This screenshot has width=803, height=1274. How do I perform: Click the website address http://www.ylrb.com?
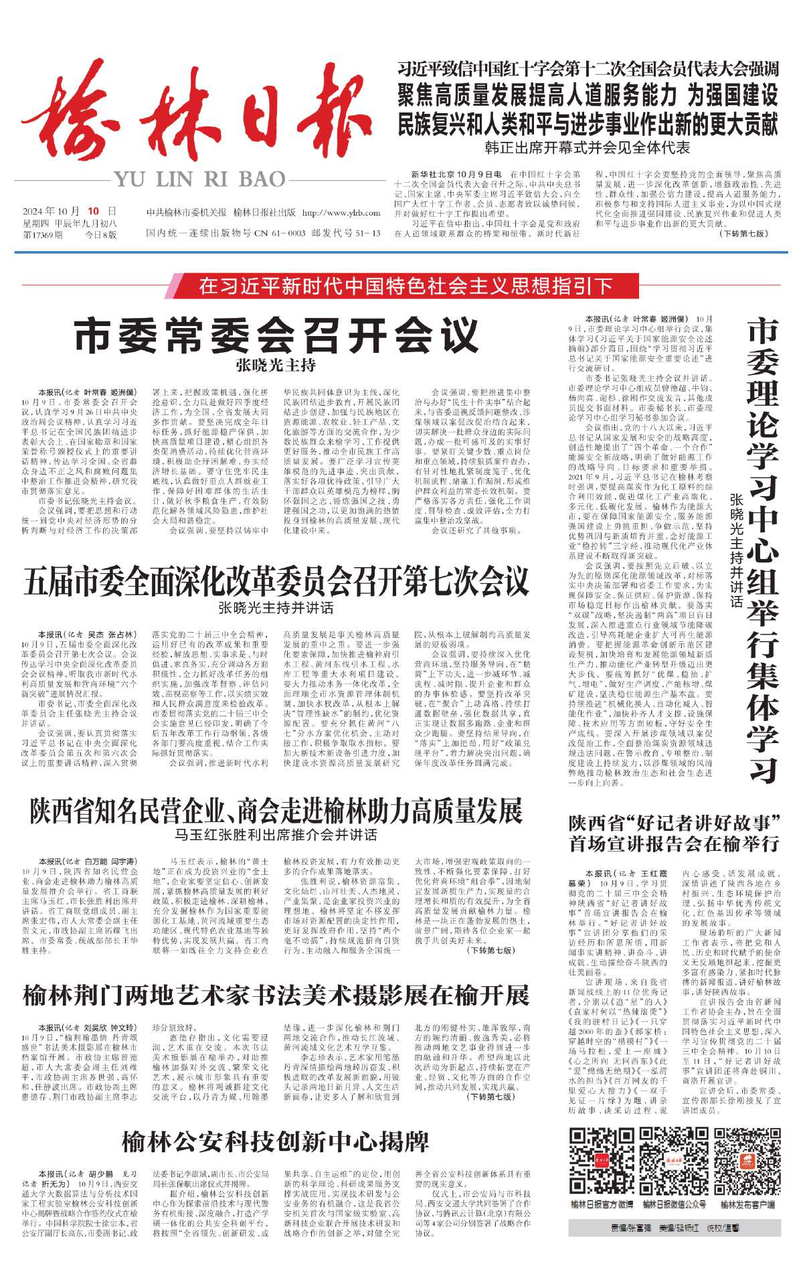point(341,213)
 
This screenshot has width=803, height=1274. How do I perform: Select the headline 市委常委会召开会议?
point(276,335)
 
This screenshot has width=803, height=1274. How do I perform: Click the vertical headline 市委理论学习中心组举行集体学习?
point(763,549)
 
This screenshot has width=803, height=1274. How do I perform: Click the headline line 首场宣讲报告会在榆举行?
point(674,844)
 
